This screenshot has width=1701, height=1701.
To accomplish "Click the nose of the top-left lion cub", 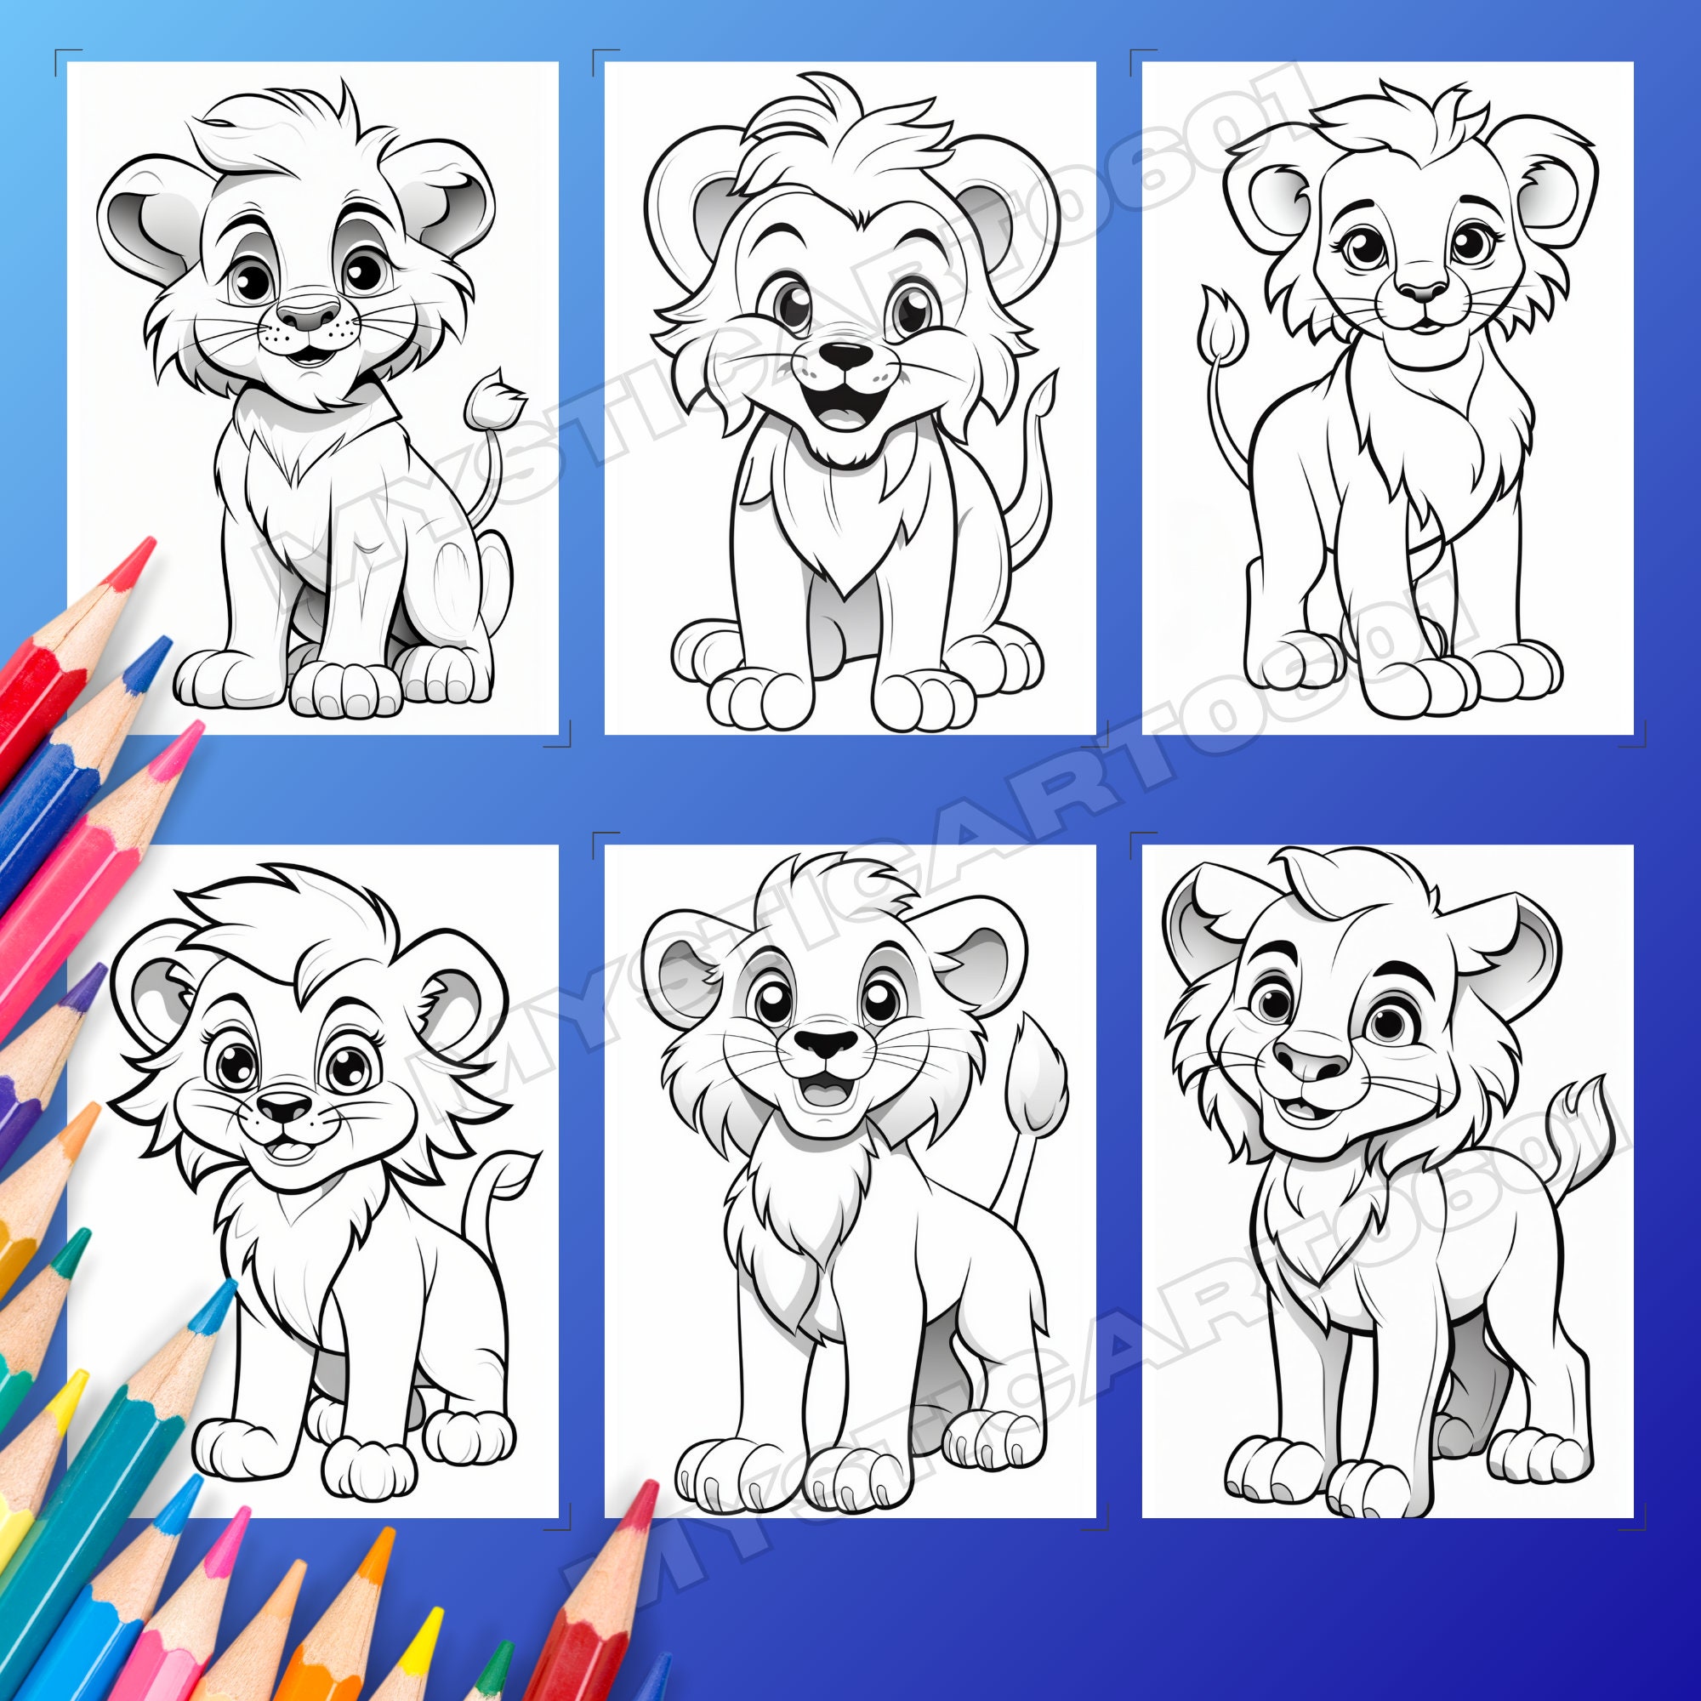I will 307,315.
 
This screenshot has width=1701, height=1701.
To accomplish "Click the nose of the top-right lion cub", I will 1423,291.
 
